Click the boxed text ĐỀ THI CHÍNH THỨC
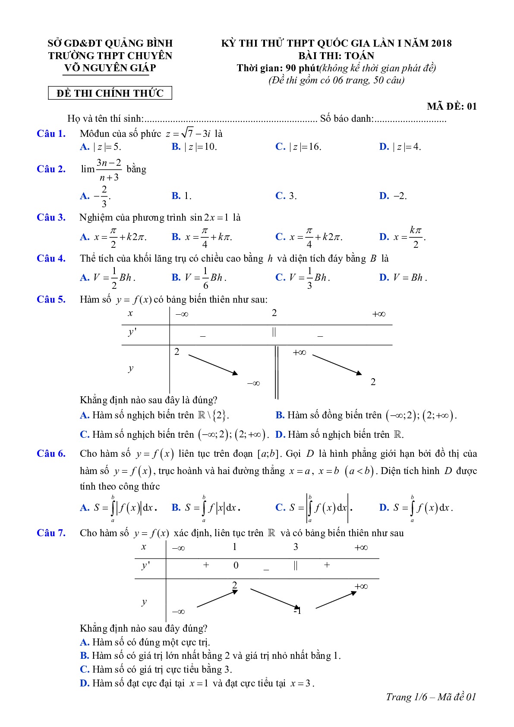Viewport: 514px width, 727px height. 110,93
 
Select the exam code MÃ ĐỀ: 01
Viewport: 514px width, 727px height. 451,106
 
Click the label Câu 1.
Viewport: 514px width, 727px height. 51,133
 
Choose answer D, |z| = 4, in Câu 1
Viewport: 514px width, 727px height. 400,147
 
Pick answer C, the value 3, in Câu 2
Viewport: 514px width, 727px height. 286,196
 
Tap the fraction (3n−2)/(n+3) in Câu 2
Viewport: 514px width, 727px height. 109,170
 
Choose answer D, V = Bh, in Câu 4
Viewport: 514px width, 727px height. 403,278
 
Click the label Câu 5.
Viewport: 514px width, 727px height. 51,299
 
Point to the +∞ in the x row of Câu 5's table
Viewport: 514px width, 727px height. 378,314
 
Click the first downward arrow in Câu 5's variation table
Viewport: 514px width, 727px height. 213,365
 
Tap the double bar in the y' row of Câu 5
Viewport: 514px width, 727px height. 274,332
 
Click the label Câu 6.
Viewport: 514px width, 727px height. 51,453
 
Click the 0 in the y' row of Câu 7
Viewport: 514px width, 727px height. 236,565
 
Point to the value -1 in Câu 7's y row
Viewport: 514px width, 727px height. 297,610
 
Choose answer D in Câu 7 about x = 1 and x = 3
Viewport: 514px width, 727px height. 197,683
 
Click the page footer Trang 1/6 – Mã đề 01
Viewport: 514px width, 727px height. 431,696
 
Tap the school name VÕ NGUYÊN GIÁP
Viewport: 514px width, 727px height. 110,68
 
